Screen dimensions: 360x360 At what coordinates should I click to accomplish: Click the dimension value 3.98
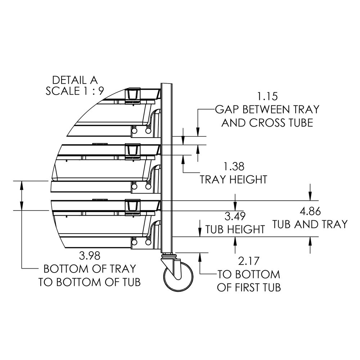[x=89, y=256]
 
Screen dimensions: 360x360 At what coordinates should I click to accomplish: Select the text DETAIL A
[x=75, y=80]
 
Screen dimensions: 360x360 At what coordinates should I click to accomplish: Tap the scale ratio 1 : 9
[x=90, y=91]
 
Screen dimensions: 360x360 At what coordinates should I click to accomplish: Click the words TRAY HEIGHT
[x=234, y=179]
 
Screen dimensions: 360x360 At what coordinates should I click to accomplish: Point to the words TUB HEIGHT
[x=235, y=229]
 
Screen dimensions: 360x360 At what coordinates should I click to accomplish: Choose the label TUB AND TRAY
[x=310, y=224]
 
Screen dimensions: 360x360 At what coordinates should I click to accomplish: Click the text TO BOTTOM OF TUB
[x=89, y=282]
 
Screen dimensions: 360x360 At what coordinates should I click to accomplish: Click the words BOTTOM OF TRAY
[x=89, y=269]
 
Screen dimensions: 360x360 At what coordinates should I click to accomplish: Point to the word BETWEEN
[x=266, y=109]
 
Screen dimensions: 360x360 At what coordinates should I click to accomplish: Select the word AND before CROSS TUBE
[x=233, y=123]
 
